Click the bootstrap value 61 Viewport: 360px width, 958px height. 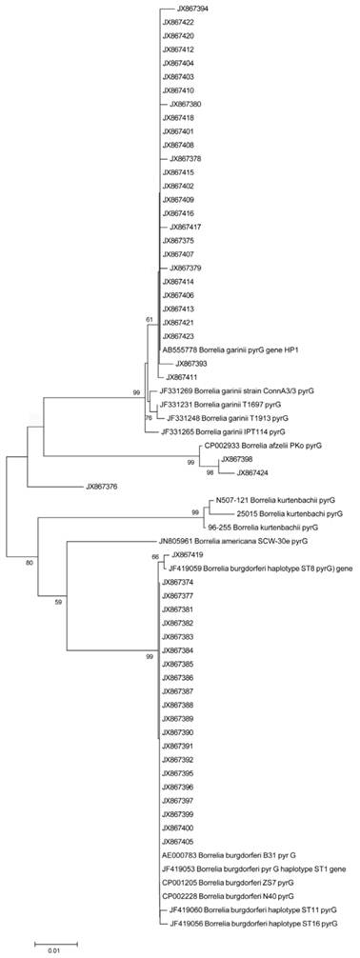149,319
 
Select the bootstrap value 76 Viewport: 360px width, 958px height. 148,418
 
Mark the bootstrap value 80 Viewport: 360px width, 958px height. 30,536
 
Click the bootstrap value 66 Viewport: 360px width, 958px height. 155,556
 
